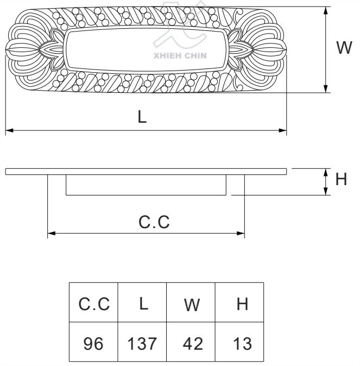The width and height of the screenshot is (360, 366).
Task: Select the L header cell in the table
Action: tap(142, 304)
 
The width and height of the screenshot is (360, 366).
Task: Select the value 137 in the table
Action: tap(142, 343)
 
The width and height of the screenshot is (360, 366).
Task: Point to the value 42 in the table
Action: tap(191, 343)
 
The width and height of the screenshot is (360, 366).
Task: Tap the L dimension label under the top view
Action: tap(142, 117)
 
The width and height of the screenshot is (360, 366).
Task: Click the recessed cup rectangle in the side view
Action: tap(146, 185)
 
